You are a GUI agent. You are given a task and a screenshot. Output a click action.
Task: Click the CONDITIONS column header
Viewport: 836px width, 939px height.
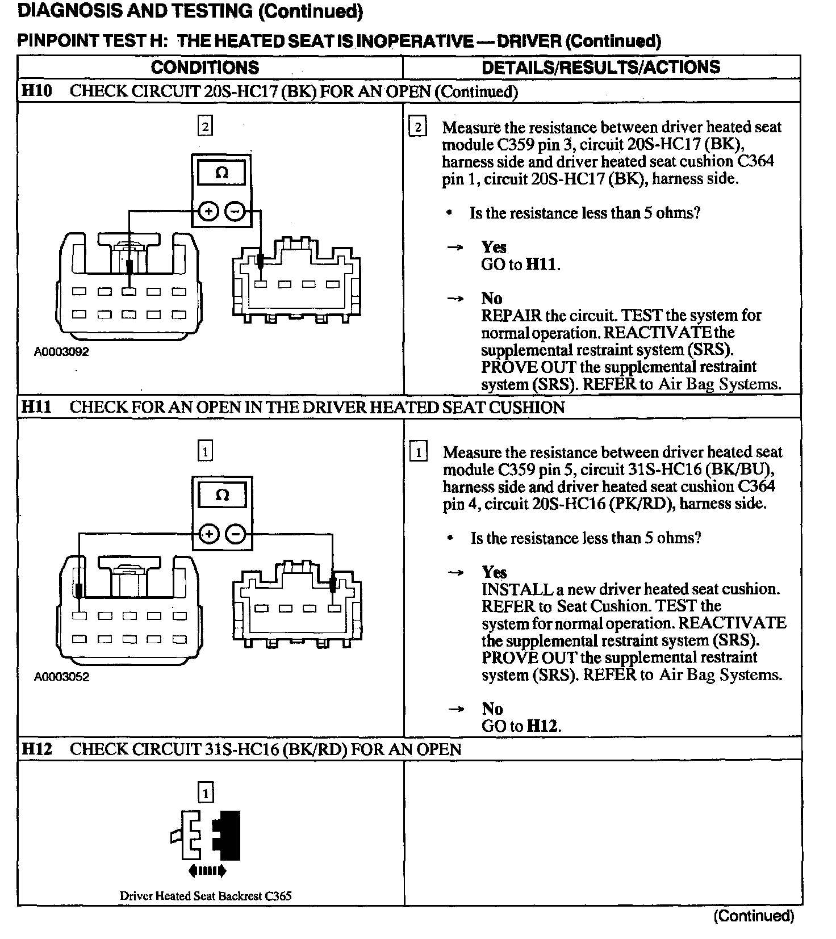pos(205,68)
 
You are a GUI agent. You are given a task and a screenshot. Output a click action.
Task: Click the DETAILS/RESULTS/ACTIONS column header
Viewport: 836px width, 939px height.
pos(600,68)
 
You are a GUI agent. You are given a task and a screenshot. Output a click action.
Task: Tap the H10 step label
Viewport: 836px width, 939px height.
pos(36,91)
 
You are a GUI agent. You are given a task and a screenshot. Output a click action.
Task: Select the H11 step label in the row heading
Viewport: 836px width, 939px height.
pos(36,407)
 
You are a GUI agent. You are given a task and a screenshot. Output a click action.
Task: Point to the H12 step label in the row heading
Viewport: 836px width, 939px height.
pos(36,749)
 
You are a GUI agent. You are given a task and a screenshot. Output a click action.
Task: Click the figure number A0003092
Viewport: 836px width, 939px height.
pos(61,352)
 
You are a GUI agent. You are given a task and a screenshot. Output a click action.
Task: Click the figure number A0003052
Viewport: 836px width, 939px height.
pos(61,677)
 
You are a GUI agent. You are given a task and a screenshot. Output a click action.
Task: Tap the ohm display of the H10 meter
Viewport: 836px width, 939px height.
pos(221,173)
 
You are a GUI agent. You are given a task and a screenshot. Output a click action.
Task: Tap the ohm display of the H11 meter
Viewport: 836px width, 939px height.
pos(222,496)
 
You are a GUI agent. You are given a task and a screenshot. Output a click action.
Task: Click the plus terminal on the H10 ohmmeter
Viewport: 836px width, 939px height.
pos(208,212)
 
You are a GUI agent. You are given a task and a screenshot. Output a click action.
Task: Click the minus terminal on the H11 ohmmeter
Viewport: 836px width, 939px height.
pos(236,534)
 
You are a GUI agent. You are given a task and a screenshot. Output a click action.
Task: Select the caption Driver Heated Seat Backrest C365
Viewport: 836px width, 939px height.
pos(206,896)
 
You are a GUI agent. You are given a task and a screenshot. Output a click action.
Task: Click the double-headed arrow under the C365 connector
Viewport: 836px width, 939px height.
pos(207,870)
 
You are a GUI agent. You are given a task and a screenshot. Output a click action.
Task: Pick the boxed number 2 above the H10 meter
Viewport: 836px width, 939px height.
pos(205,125)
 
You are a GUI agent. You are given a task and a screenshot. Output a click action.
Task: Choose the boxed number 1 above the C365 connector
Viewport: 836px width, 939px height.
pos(205,793)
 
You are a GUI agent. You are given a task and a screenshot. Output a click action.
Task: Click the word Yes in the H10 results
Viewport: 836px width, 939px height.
pos(494,247)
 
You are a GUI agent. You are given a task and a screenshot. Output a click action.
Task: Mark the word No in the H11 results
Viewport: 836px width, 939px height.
pos(492,709)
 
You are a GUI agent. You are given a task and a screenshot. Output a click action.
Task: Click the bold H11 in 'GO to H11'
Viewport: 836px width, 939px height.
pos(542,265)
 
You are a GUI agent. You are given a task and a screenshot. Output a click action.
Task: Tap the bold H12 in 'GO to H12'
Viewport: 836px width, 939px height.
pos(543,726)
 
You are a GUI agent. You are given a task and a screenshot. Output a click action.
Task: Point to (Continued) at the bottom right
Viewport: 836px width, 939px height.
pos(754,916)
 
